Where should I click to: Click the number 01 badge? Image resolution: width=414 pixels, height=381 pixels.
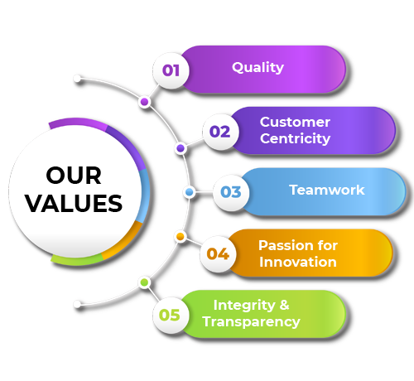[x=171, y=70]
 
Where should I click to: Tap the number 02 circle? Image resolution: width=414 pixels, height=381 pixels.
[x=220, y=132]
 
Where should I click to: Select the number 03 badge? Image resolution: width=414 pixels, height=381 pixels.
[x=231, y=192]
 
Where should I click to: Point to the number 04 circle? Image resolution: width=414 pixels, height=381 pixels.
[x=218, y=253]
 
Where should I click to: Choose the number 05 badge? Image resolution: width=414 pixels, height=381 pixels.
[x=171, y=315]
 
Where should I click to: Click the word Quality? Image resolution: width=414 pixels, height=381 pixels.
[x=258, y=68]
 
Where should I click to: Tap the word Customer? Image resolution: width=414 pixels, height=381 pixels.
[x=295, y=122]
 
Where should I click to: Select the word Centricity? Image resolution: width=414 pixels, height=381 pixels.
[x=295, y=138]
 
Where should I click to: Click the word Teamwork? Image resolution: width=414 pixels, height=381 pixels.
[x=327, y=190]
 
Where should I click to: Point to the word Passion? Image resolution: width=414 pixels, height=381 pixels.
[x=284, y=245]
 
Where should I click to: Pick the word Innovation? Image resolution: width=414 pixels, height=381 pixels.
[x=298, y=262]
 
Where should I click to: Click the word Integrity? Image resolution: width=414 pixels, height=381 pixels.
[x=244, y=306]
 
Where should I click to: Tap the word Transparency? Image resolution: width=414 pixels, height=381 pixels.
[x=251, y=322]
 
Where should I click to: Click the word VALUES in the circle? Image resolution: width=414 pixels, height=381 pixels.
[x=74, y=204]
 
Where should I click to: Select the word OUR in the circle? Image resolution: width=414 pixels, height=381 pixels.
[x=74, y=176]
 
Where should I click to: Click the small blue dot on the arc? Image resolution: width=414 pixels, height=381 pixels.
[x=190, y=192]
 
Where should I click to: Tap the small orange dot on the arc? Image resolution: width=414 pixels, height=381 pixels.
[x=181, y=236]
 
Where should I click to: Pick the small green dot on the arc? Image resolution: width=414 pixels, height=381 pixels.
[x=144, y=282]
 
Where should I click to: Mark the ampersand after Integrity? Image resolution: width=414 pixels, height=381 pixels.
[x=284, y=305]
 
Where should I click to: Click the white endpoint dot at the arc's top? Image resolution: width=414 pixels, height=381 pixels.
[x=77, y=79]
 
